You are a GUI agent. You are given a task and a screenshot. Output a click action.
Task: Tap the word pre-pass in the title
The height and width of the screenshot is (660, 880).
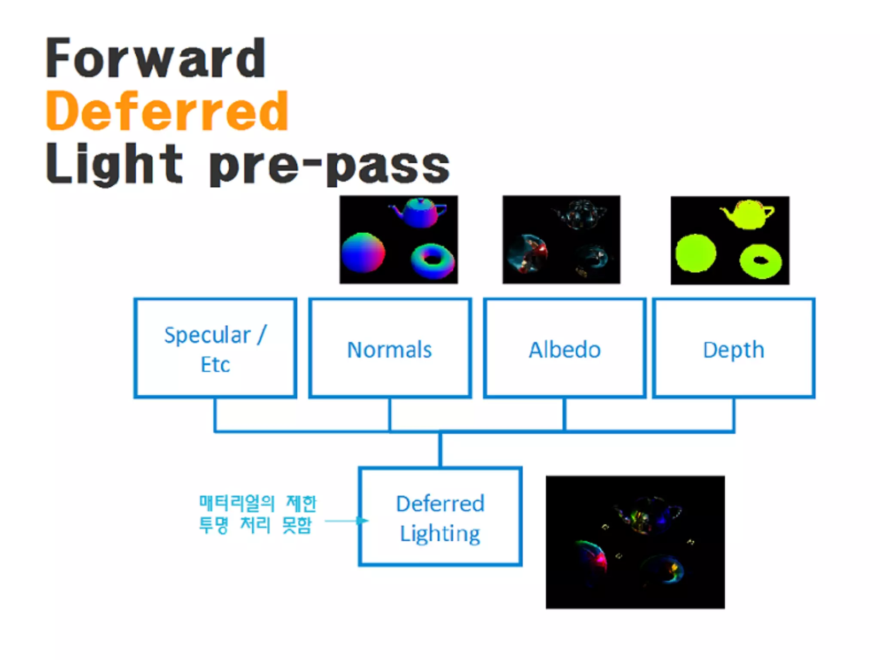[329, 165]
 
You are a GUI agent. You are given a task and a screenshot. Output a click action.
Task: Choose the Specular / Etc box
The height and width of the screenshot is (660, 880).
[215, 348]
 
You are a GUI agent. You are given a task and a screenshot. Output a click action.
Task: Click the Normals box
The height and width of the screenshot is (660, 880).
[390, 348]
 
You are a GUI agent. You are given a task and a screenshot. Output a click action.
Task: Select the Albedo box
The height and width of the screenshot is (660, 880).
[565, 348]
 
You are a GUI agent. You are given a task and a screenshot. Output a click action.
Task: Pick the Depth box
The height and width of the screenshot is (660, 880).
[733, 348]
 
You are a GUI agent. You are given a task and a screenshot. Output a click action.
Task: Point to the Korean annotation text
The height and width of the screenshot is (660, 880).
[257, 514]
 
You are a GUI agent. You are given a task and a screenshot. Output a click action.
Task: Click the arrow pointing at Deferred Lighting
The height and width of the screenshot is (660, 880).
[346, 521]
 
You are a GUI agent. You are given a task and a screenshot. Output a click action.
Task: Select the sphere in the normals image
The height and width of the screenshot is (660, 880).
[363, 253]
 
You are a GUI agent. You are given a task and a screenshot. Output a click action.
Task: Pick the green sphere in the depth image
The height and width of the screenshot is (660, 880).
[696, 253]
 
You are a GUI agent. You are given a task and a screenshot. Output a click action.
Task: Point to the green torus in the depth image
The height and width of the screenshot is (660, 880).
[761, 261]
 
